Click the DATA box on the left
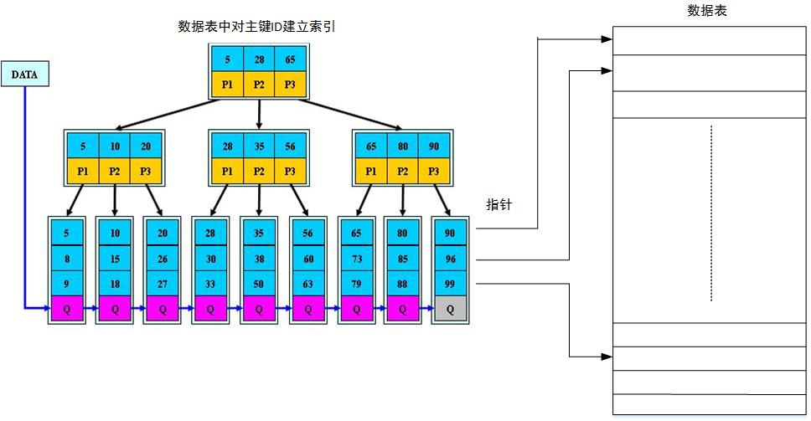click(25, 74)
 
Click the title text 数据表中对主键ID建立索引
click(257, 27)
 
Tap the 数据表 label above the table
click(706, 10)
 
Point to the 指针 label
click(498, 205)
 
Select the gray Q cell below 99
click(450, 309)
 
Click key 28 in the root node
click(259, 60)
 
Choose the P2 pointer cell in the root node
click(259, 85)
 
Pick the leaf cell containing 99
click(450, 284)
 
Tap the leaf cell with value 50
click(258, 284)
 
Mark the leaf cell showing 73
click(356, 259)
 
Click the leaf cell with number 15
click(114, 259)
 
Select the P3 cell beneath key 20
click(146, 172)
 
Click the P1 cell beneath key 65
click(371, 172)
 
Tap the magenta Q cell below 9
click(67, 309)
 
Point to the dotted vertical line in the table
click(710, 213)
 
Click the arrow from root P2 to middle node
click(259, 113)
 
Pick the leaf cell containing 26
click(162, 259)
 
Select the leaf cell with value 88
click(402, 284)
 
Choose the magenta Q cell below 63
click(307, 309)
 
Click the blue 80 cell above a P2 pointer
click(403, 146)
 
